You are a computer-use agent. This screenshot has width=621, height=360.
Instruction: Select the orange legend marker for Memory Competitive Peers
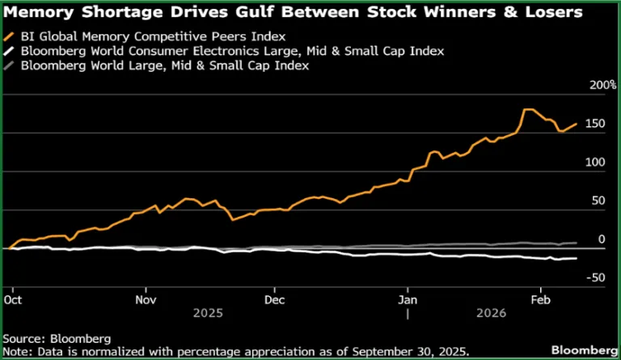tap(10, 36)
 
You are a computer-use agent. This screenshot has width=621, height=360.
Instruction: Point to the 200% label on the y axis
tap(602, 85)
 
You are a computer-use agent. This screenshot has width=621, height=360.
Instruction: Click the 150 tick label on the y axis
tap(596, 124)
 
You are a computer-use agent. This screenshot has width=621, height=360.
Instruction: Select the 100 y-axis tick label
tap(596, 163)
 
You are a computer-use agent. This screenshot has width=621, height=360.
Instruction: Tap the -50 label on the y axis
tap(596, 278)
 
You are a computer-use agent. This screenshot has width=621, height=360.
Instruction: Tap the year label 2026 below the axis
tap(492, 312)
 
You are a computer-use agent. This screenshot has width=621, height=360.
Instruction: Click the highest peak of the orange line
tap(528, 109)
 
